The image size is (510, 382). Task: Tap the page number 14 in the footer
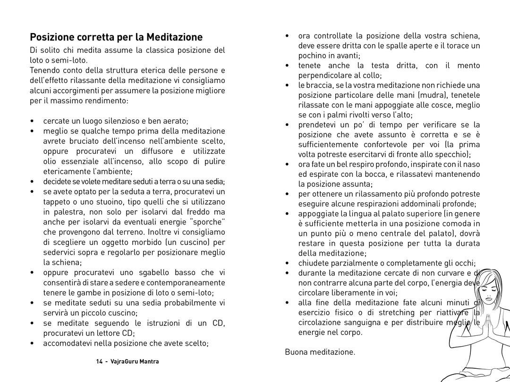point(99,362)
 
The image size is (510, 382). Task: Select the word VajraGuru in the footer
point(126,362)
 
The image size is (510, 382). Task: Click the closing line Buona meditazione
point(320,352)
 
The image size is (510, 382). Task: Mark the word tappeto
point(56,201)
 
